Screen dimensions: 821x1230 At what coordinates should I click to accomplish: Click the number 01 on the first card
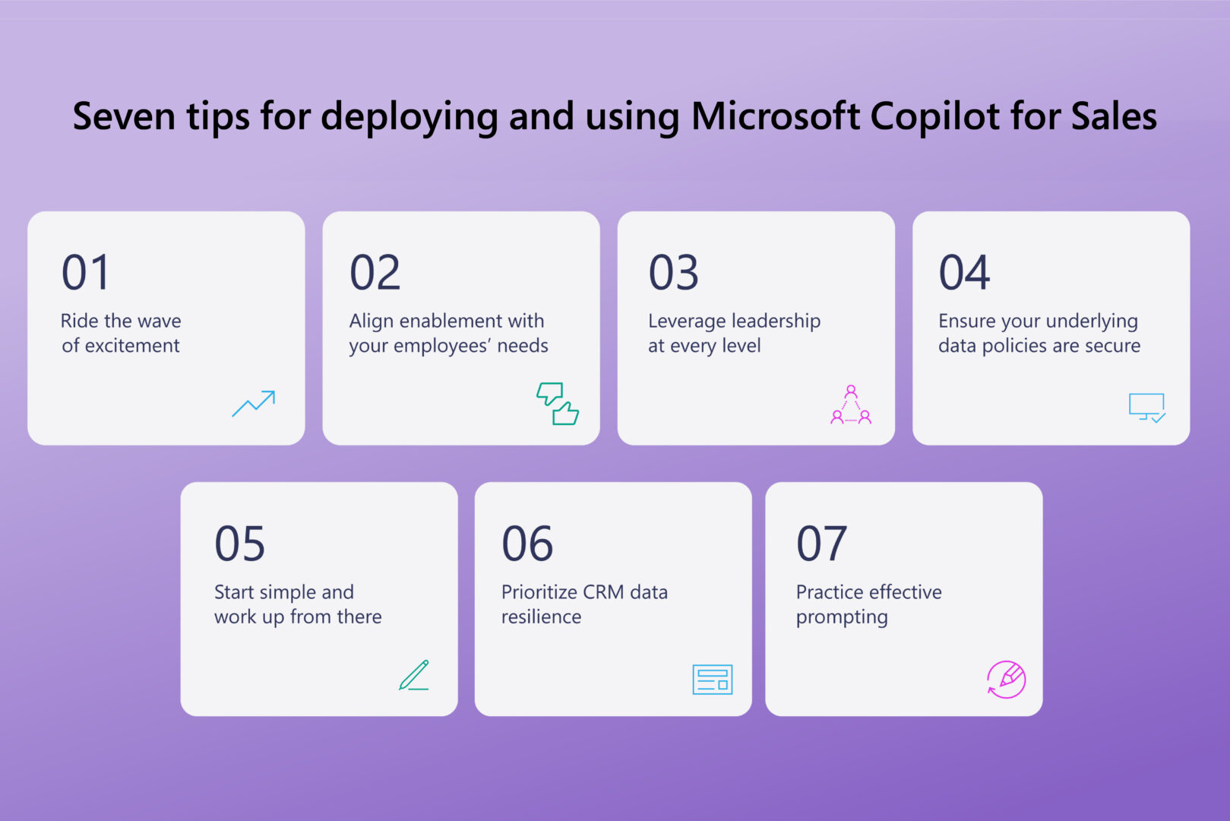(x=85, y=272)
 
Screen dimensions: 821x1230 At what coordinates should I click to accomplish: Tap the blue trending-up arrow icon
(x=254, y=404)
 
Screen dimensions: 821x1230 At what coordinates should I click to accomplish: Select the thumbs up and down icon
(x=557, y=404)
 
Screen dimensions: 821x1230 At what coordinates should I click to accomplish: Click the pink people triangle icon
(x=850, y=405)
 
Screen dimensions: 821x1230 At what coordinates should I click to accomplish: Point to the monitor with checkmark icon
(x=1146, y=407)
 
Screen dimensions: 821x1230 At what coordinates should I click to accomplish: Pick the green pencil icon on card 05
(x=415, y=675)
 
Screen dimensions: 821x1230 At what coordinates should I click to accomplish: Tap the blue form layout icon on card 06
(x=712, y=680)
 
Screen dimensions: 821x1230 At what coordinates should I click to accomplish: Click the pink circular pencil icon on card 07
(x=1006, y=679)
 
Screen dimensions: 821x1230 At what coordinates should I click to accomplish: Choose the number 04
(x=964, y=272)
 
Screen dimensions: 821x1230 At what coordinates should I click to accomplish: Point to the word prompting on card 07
(x=841, y=617)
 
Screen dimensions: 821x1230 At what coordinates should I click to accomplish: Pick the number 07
(x=821, y=544)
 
